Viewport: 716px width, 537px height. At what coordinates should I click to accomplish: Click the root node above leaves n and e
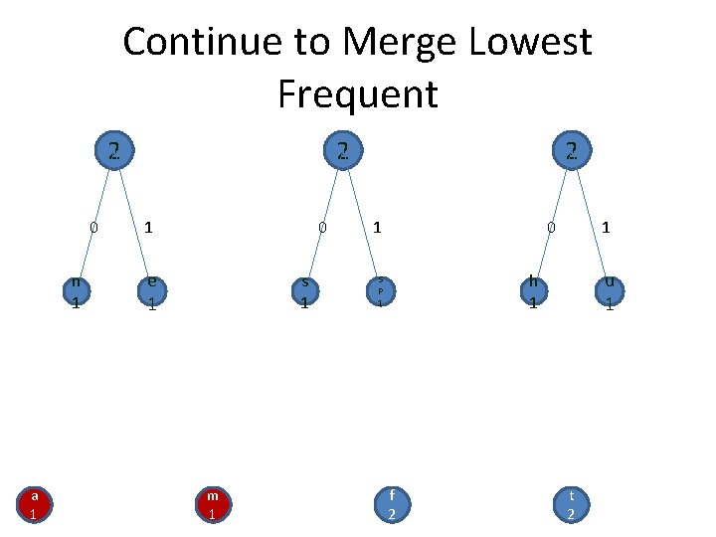tap(115, 151)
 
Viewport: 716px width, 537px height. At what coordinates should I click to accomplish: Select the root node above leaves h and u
tap(571, 151)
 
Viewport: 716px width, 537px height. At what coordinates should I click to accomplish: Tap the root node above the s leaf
tap(341, 151)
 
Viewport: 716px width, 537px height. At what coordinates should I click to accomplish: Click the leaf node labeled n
tap(76, 291)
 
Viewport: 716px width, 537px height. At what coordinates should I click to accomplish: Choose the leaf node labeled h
tap(534, 291)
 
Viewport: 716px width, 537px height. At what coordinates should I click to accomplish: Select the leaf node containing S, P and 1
tap(379, 290)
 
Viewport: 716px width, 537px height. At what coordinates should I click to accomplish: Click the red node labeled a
tap(34, 504)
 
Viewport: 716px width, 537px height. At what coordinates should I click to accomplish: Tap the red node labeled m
tap(212, 504)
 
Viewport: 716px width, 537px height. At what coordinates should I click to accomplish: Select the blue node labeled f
tap(392, 504)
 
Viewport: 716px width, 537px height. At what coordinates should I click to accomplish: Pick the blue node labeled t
tap(571, 504)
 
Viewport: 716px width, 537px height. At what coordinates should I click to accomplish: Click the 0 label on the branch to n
tap(93, 228)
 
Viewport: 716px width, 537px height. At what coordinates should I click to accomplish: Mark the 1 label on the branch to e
tap(148, 228)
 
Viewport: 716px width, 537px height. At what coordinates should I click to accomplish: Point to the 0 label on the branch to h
tap(551, 228)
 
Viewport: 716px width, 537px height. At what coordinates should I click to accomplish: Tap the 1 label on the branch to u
tap(606, 228)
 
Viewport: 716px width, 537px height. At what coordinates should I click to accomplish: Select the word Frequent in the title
tap(358, 94)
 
